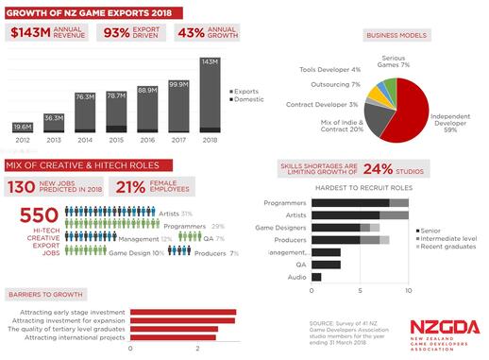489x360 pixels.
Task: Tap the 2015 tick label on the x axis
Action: pyautogui.click(x=116, y=141)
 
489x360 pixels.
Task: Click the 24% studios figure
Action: pyautogui.click(x=406, y=170)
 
